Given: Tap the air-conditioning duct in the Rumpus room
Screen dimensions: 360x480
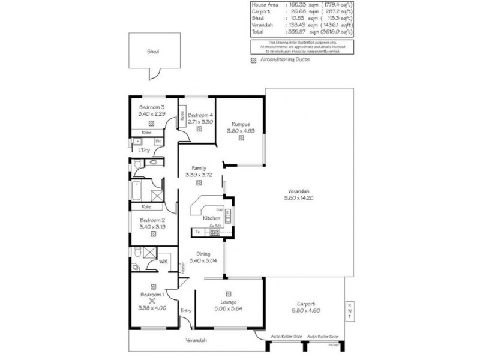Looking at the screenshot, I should (x=241, y=137).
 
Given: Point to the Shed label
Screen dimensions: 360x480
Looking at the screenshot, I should (x=154, y=52).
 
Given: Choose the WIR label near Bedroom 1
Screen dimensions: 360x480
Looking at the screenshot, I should (x=162, y=262).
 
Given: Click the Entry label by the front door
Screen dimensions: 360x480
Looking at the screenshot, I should (x=186, y=310).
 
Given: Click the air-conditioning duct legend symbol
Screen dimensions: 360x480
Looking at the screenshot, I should (x=254, y=60).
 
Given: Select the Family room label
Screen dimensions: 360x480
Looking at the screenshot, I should (x=199, y=168).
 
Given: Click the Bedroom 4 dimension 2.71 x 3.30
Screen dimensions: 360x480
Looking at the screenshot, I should (x=200, y=121).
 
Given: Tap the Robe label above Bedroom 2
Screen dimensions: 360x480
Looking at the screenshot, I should (x=146, y=207).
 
